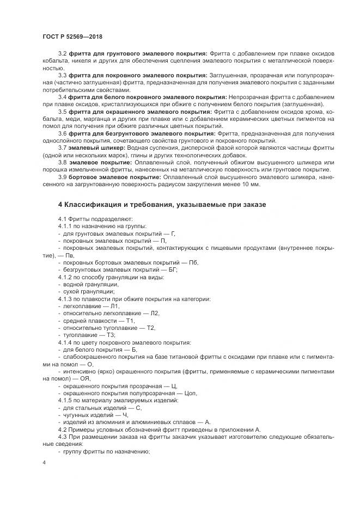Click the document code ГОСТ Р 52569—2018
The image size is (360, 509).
pyautogui.click(x=72, y=36)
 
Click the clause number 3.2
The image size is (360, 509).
pyautogui.click(x=62, y=53)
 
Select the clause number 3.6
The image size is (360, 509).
pyautogui.click(x=62, y=133)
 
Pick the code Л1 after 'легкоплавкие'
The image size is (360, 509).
pyautogui.click(x=115, y=306)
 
